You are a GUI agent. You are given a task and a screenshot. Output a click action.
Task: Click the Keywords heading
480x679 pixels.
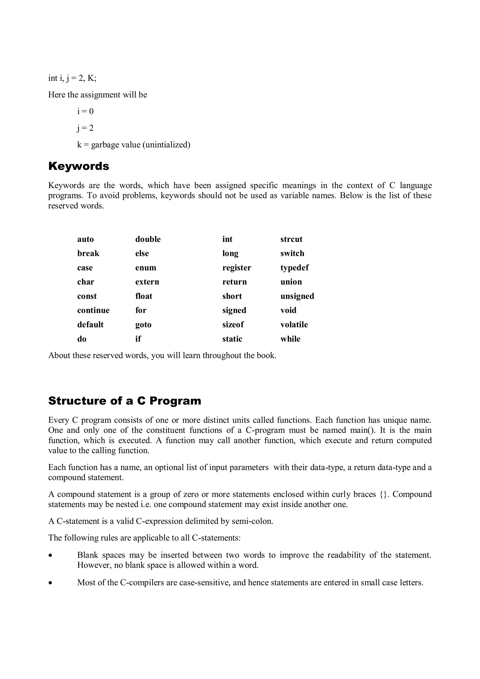(79, 166)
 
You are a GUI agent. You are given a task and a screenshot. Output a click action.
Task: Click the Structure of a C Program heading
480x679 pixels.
(124, 401)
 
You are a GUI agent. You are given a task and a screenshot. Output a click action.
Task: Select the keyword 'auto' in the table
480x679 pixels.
(85, 239)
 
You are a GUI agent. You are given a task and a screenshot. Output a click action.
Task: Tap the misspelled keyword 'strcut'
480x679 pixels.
(291, 239)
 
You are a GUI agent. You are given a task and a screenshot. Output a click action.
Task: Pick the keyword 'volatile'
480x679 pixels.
(294, 324)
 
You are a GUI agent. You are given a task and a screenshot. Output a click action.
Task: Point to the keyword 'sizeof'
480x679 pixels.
(233, 324)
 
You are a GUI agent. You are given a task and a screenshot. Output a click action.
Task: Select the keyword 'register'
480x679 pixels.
(236, 268)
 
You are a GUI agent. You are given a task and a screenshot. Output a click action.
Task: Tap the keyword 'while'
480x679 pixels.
(290, 339)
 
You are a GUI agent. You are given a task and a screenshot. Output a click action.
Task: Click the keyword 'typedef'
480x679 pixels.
(294, 268)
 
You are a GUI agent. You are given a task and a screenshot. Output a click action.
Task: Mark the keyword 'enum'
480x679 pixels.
(146, 268)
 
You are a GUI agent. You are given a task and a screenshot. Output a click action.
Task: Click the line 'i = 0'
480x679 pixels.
(85, 111)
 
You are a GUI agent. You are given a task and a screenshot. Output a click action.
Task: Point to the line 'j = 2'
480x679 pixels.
(85, 128)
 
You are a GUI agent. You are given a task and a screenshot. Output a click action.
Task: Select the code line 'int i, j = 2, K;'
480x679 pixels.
(72, 78)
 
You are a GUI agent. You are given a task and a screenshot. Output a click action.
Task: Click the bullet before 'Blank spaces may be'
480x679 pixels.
(51, 556)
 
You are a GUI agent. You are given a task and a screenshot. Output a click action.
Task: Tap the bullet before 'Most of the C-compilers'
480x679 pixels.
(51, 583)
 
